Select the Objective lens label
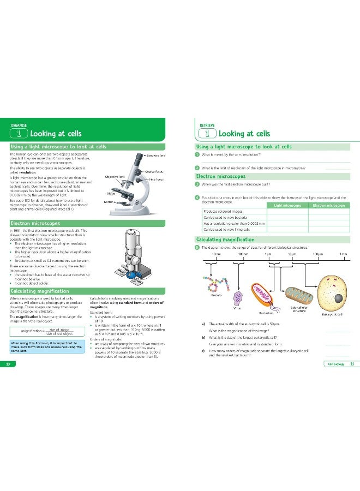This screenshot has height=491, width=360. click(115, 177)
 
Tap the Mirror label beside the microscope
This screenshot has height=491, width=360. click(108, 202)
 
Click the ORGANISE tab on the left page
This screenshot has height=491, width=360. click(19, 125)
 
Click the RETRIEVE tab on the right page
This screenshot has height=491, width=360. click(207, 125)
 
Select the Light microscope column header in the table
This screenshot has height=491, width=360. click(289, 205)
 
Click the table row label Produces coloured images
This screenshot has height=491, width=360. click(224, 211)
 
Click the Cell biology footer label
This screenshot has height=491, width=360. click(334, 364)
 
